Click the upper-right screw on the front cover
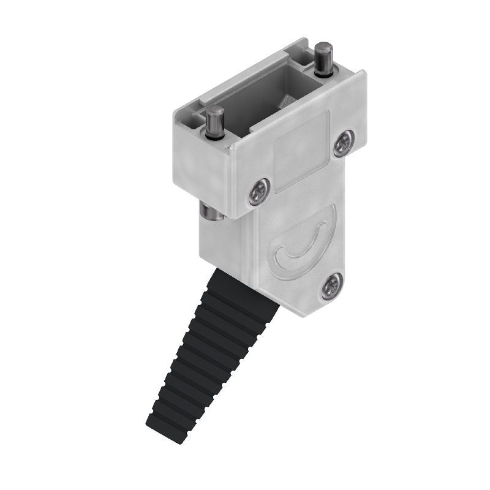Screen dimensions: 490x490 [x=344, y=143]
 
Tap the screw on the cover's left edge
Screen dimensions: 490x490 [x=259, y=192]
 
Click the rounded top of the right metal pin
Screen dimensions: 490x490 [x=323, y=48]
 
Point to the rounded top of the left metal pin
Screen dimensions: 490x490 [x=214, y=111]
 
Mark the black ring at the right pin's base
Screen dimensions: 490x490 [x=324, y=72]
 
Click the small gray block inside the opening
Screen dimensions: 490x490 [x=287, y=101]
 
